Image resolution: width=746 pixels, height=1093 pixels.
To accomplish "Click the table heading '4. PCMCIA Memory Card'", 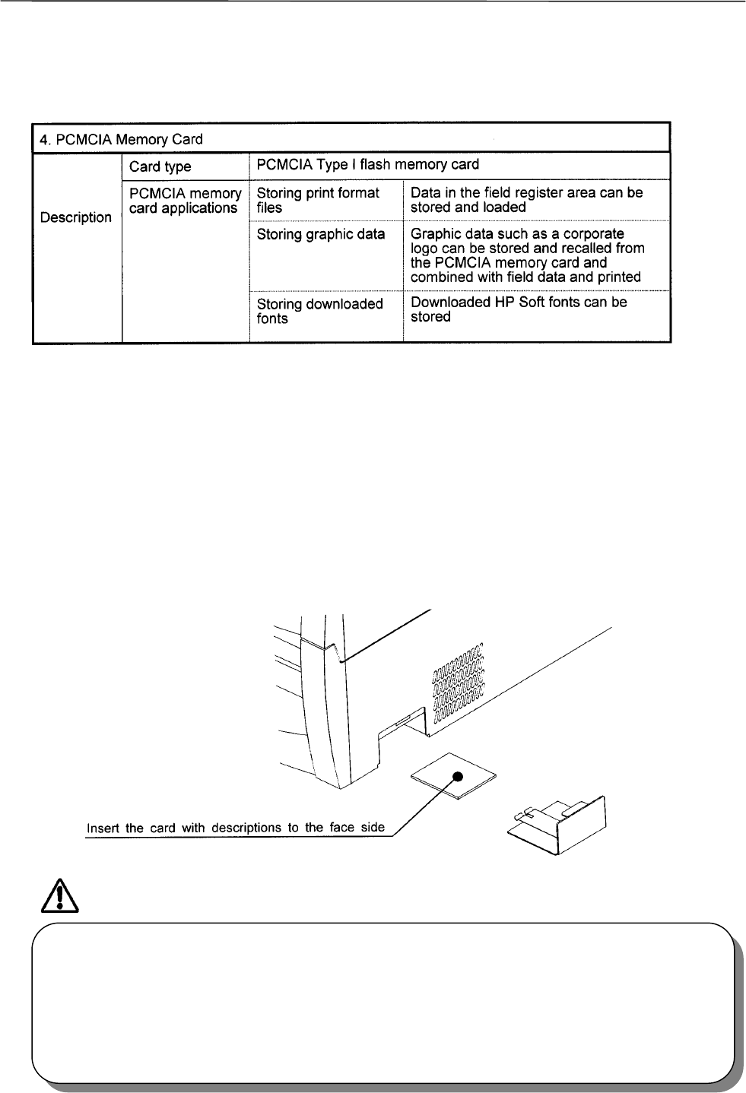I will pyautogui.click(x=121, y=139).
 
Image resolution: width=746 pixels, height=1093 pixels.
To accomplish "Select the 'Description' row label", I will pyautogui.click(x=75, y=217).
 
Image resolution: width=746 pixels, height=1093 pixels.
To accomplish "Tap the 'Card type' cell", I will pyautogui.click(x=160, y=166).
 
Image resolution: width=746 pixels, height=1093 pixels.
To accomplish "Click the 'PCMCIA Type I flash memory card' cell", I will pyautogui.click(x=368, y=165).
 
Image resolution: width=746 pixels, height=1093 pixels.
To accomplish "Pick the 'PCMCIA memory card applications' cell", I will pyautogui.click(x=185, y=201).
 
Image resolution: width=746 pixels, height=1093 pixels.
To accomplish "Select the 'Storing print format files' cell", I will pyautogui.click(x=318, y=200).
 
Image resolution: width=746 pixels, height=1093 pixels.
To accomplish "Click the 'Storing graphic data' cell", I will pyautogui.click(x=321, y=234).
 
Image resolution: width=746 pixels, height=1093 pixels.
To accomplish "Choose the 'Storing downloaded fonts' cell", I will pyautogui.click(x=319, y=311).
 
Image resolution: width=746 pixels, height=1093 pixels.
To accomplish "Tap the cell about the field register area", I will pyautogui.click(x=526, y=200).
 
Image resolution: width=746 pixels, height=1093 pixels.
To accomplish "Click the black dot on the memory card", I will pyautogui.click(x=458, y=776).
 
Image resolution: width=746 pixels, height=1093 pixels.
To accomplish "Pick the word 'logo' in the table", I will pyautogui.click(x=425, y=249).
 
